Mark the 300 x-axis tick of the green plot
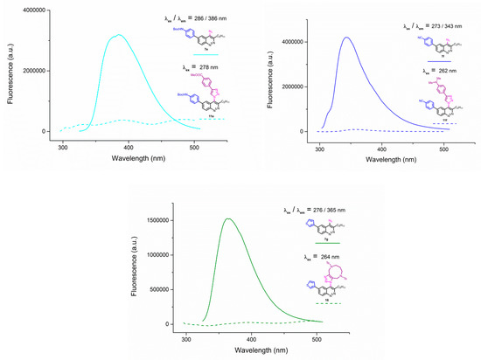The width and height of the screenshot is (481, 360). tap(186, 336)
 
